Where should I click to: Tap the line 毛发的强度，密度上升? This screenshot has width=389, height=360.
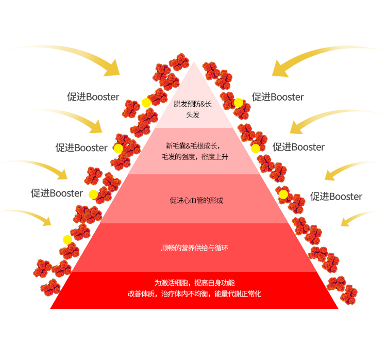[194, 157]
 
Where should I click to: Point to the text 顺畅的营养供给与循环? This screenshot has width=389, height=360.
[194, 248]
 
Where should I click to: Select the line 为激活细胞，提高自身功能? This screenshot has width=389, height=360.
[194, 283]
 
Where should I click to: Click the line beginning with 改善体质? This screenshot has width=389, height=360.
[194, 294]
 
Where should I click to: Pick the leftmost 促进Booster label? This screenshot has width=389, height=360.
[57, 193]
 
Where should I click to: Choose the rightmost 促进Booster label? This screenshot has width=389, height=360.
[336, 197]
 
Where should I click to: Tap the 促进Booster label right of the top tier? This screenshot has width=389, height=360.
[278, 97]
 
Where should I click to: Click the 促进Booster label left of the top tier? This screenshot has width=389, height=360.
[93, 97]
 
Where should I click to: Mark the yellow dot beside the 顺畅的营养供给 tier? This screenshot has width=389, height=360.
[67, 240]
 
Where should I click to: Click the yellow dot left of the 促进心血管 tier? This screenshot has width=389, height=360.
[93, 194]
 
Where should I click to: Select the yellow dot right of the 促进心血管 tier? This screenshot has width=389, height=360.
[283, 194]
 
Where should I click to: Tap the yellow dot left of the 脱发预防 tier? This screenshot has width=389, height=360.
[146, 103]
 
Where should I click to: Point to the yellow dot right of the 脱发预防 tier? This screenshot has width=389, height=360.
[239, 103]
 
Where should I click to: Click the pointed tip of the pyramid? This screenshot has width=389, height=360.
[194, 63]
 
